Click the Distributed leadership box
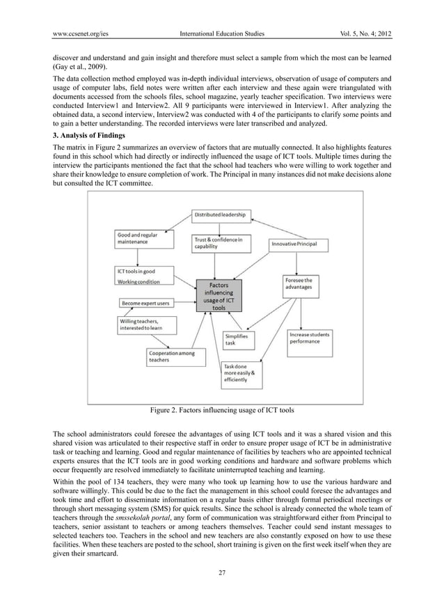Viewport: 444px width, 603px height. [221, 214]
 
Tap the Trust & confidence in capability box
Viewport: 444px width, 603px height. [220, 245]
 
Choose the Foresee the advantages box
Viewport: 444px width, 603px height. [303, 286]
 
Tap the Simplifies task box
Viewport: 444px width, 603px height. [239, 339]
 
